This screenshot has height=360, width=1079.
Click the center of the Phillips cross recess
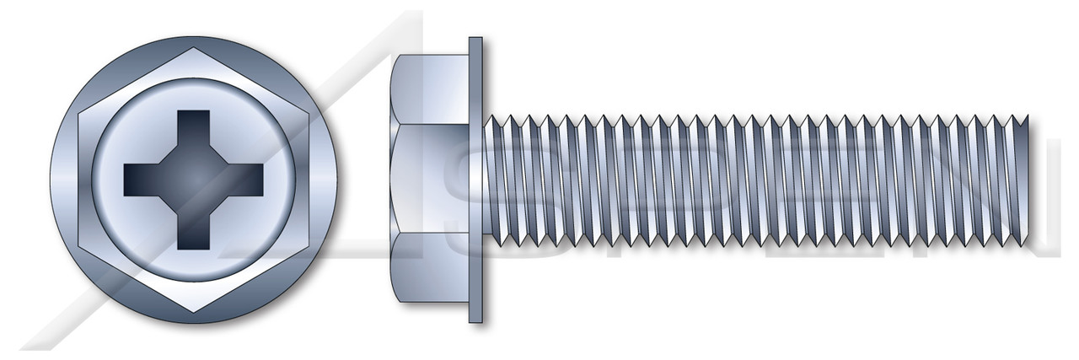[193, 180]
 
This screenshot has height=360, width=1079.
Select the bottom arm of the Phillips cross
[193, 232]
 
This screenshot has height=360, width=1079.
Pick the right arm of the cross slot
[245, 179]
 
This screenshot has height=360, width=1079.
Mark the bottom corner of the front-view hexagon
[193, 313]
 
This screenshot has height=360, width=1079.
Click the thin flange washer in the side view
[475, 180]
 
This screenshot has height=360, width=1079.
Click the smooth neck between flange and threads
[487, 180]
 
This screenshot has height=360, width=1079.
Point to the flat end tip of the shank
[1027, 180]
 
